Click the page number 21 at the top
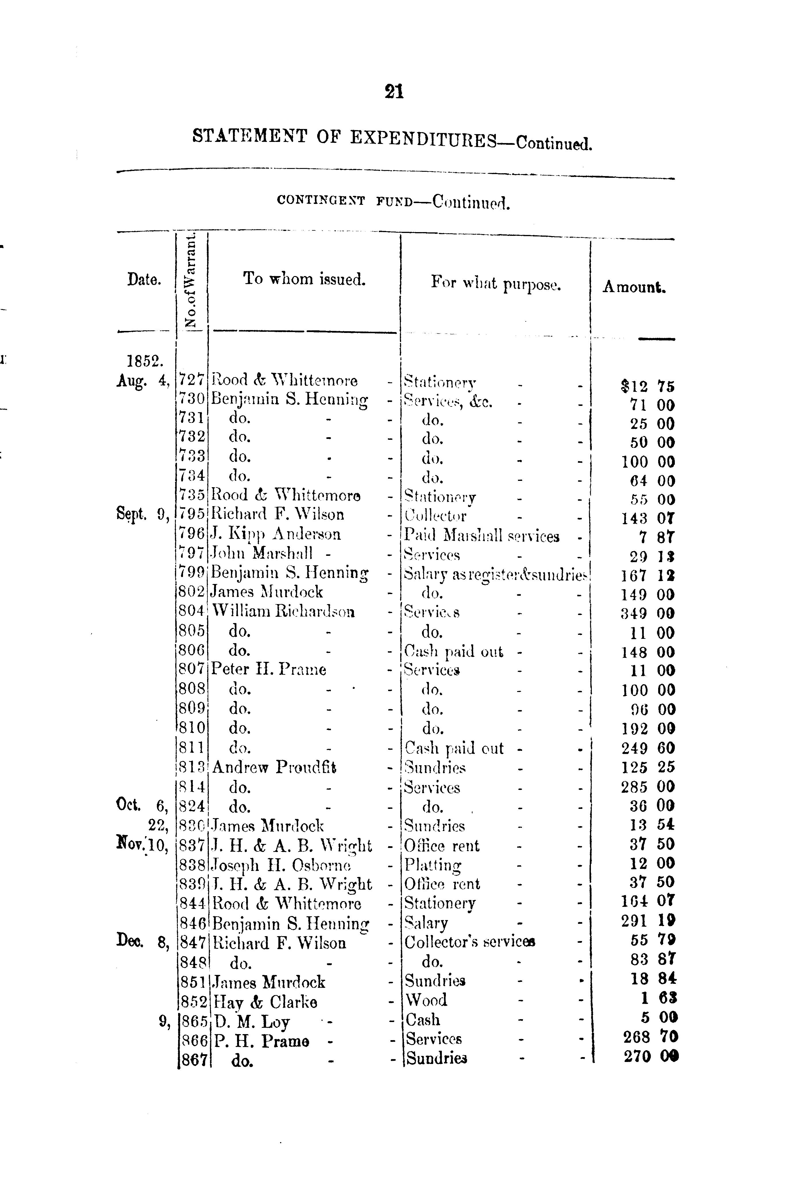[394, 91]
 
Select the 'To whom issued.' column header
[304, 279]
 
